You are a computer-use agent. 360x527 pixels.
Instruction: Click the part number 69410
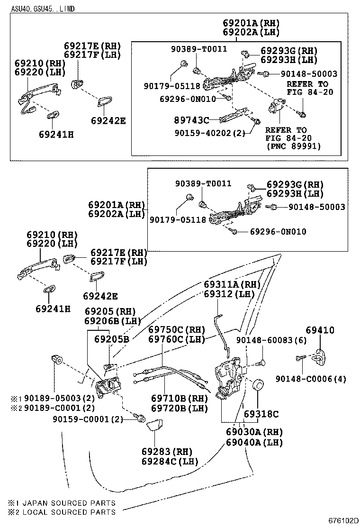click(320, 330)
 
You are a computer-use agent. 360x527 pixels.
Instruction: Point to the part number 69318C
click(261, 414)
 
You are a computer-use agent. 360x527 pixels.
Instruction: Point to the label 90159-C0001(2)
click(88, 419)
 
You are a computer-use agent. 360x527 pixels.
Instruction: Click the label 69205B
click(112, 339)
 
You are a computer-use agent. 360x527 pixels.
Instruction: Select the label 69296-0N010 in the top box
click(188, 99)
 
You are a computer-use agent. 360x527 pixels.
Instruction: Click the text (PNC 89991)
click(293, 146)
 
